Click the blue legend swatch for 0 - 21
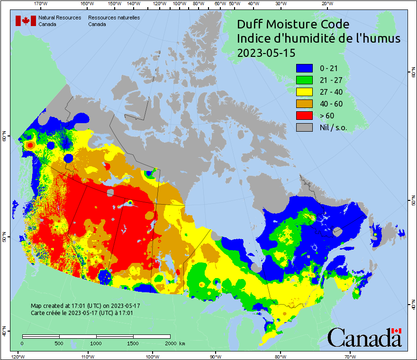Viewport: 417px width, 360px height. (304, 68)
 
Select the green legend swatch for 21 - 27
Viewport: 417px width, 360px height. (304, 80)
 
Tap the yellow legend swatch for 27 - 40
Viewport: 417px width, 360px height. (304, 92)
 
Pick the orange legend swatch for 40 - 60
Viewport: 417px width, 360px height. (304, 104)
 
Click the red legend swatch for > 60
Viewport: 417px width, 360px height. (304, 116)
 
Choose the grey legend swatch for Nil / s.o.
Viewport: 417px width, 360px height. (304, 127)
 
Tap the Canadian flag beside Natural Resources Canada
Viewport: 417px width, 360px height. (26, 21)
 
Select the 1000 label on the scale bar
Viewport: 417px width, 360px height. (96, 343)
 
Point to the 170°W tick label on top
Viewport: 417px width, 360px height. (41, 4)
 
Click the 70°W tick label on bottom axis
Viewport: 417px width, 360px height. (350, 356)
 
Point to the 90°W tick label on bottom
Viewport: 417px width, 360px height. (215, 356)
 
